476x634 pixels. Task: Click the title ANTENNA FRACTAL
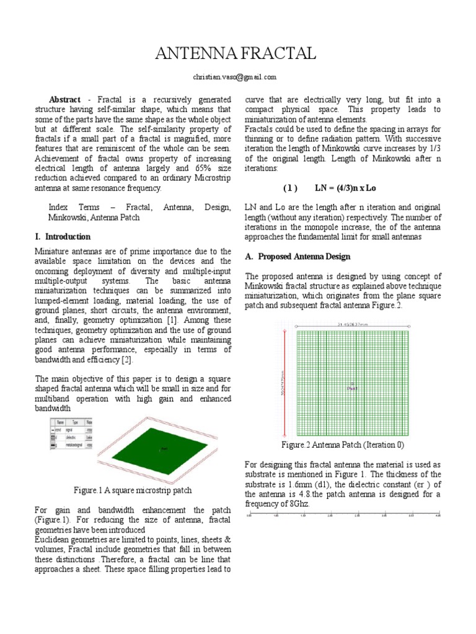point(235,55)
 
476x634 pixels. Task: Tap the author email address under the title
point(235,77)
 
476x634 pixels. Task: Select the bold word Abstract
point(64,100)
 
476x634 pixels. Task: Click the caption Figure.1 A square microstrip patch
point(133,490)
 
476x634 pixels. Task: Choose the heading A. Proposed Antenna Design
point(297,256)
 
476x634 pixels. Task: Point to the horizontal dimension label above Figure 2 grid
point(353,323)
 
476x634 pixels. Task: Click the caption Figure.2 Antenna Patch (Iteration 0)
point(343,445)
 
